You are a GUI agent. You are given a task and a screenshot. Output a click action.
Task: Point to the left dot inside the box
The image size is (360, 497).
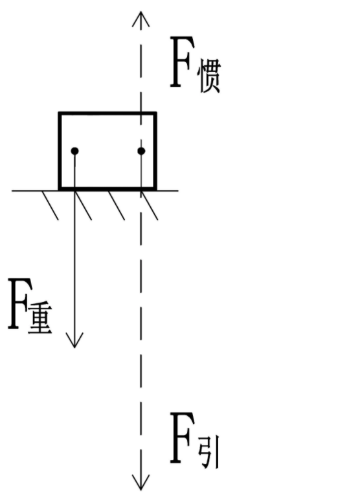(74, 151)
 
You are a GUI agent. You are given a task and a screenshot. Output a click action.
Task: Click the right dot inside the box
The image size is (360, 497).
(141, 151)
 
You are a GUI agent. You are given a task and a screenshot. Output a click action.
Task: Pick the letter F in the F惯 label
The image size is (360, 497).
(181, 62)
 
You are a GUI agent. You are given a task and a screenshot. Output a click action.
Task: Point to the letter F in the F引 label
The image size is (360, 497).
(181, 438)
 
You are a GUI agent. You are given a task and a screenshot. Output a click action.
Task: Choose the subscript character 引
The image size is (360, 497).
(209, 452)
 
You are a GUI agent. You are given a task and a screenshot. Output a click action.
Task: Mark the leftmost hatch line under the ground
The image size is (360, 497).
(50, 205)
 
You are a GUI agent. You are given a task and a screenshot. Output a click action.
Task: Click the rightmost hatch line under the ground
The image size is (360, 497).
(150, 205)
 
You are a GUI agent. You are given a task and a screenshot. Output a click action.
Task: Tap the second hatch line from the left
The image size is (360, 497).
(84, 205)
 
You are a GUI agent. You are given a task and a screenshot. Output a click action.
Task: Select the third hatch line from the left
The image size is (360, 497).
(117, 205)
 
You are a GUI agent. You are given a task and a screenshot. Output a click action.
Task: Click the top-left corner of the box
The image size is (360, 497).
(60, 113)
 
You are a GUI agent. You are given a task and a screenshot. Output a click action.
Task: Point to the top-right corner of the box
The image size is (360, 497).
(155, 113)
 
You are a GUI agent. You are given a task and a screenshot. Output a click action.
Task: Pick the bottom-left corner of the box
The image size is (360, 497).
(60, 189)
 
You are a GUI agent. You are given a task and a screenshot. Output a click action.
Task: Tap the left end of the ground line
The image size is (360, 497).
(12, 191)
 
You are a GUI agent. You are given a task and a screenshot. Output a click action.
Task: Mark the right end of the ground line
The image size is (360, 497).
(178, 191)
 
